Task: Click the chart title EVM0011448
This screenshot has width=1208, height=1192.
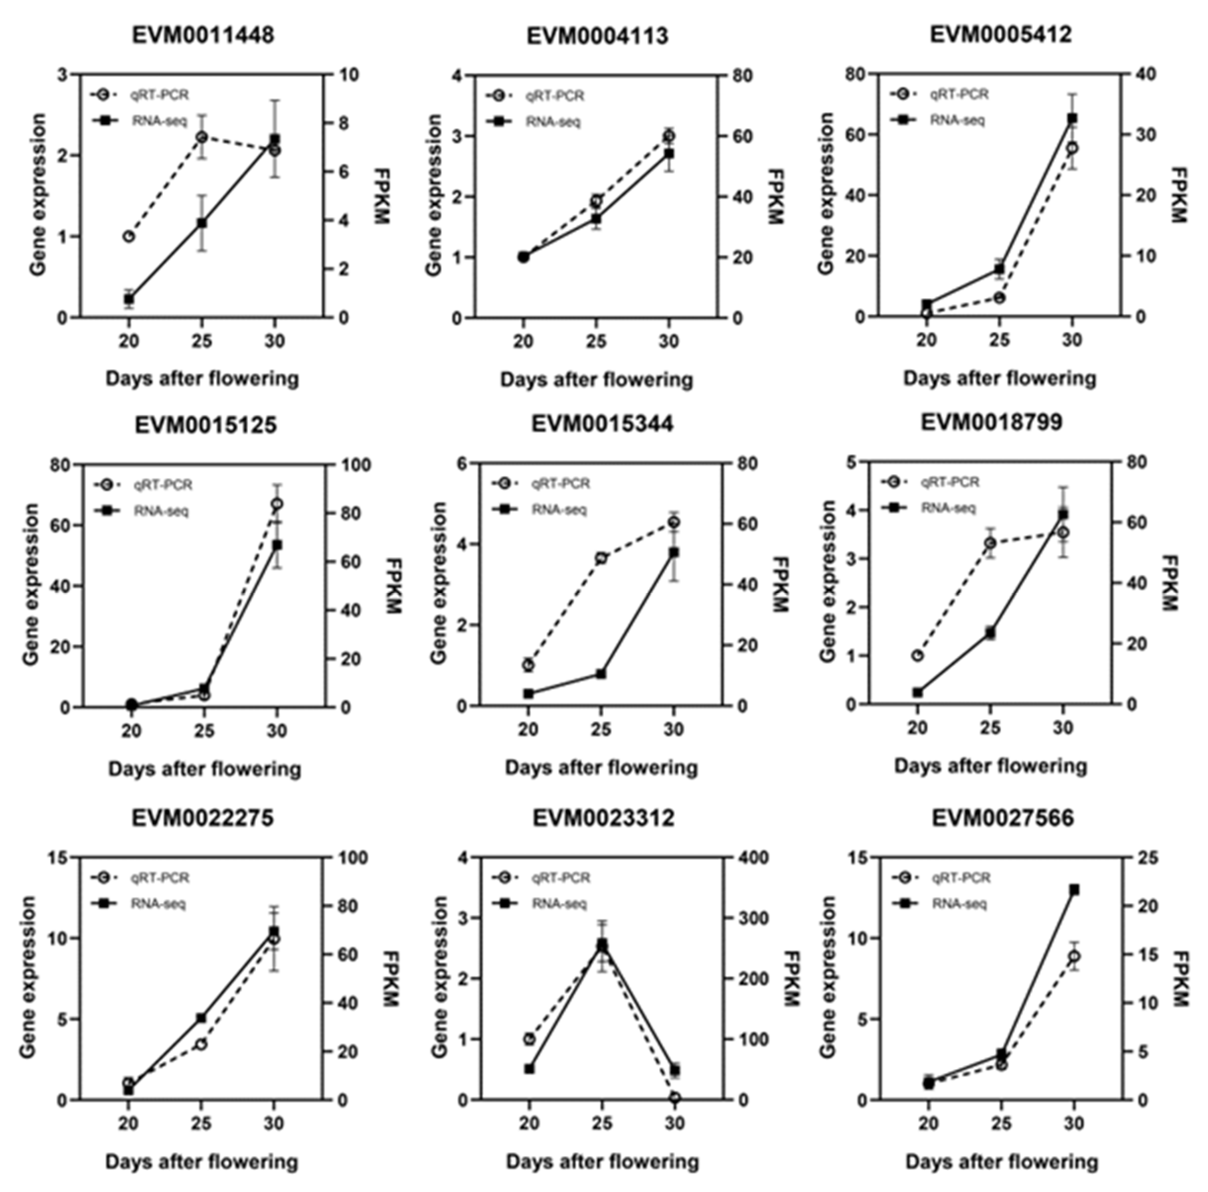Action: [x=203, y=35]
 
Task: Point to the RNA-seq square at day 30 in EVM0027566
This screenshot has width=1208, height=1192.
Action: [x=1074, y=889]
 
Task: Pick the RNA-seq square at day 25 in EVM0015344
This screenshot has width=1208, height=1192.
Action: [x=601, y=674]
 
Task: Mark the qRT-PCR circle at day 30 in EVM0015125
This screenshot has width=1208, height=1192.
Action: [x=277, y=504]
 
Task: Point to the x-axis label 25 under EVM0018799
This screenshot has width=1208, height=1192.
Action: [x=990, y=728]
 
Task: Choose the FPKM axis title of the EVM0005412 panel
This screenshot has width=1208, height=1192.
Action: [x=1178, y=195]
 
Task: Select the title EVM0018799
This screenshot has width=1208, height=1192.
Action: [x=991, y=423]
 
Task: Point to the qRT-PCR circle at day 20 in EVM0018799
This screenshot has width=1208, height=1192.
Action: [x=917, y=656]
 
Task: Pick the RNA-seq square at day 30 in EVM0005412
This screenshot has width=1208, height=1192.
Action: [x=1072, y=118]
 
